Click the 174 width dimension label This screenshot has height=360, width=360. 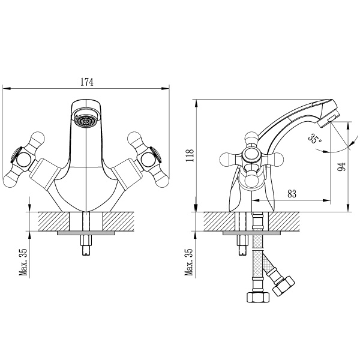[87, 82]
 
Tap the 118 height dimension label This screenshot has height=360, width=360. [190, 155]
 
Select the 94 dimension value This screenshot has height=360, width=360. [342, 167]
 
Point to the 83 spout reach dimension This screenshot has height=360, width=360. [292, 194]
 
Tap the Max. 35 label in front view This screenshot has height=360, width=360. [23, 262]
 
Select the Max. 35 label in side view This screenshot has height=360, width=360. [188, 262]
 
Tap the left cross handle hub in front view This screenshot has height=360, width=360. [23, 160]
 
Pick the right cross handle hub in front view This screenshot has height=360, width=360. [148, 159]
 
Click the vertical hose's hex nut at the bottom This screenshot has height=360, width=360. [257, 298]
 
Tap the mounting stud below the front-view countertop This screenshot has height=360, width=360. [85, 245]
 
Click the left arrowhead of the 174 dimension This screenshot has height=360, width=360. [7, 88]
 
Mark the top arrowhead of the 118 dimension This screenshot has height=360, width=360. [196, 103]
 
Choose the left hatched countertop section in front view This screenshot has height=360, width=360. [54, 221]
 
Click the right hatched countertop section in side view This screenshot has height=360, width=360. [284, 221]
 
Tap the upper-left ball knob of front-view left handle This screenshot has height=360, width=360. [36, 139]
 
